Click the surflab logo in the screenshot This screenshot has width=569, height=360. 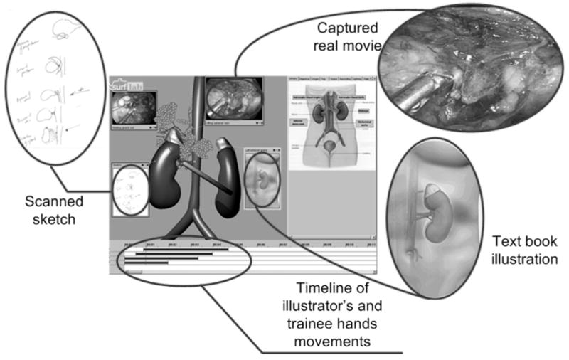pos(127,85)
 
